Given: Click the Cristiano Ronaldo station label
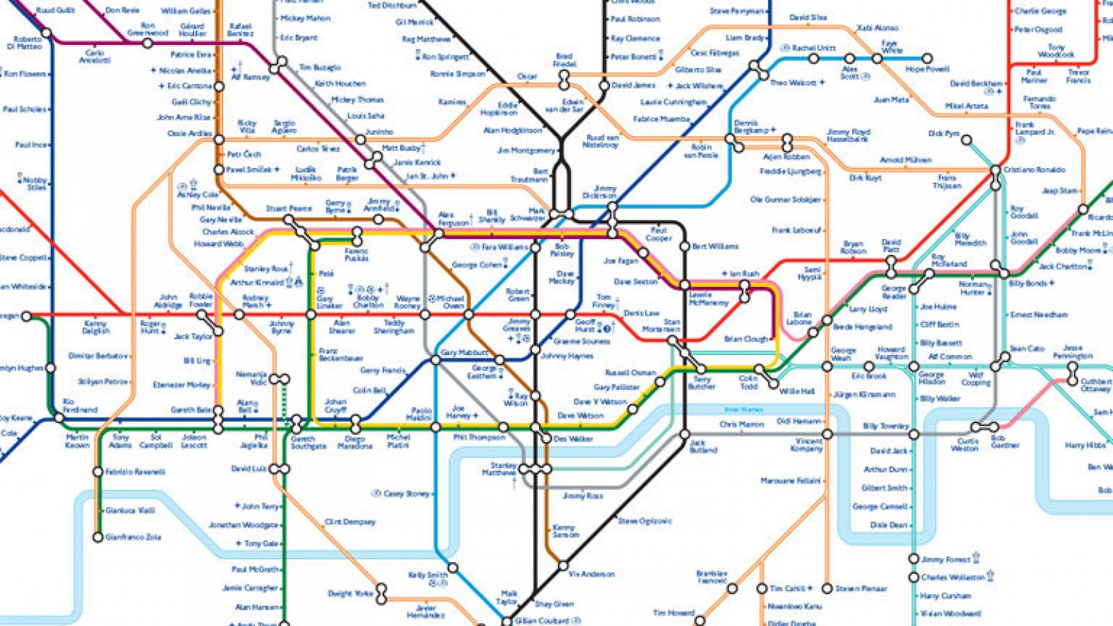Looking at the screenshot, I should point(1034,170).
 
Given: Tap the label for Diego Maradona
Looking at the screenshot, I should point(355,443).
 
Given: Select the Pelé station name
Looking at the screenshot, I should point(326,274).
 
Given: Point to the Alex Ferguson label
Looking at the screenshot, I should point(454,219).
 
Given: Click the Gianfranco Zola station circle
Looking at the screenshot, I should point(98,537).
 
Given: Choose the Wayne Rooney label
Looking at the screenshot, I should point(408,302).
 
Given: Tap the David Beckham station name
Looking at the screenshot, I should point(976,83).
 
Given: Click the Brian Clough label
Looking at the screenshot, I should point(746,339).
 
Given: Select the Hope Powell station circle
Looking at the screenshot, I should point(927,59).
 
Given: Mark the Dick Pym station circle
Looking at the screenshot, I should point(966,140).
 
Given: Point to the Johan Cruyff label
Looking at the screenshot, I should point(335,405).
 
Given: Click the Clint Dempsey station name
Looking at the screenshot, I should point(350,522).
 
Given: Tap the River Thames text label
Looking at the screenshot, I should point(744,410).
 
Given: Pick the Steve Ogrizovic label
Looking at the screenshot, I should point(645,520).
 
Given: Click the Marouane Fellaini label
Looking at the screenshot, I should point(790,481).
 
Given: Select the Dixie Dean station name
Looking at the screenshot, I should point(888,525).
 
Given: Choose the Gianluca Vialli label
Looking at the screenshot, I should point(130,511).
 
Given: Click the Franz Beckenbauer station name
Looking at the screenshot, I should point(341,354).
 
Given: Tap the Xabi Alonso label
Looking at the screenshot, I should point(877,28).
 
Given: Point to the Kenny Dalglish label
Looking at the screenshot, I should point(96,327).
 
